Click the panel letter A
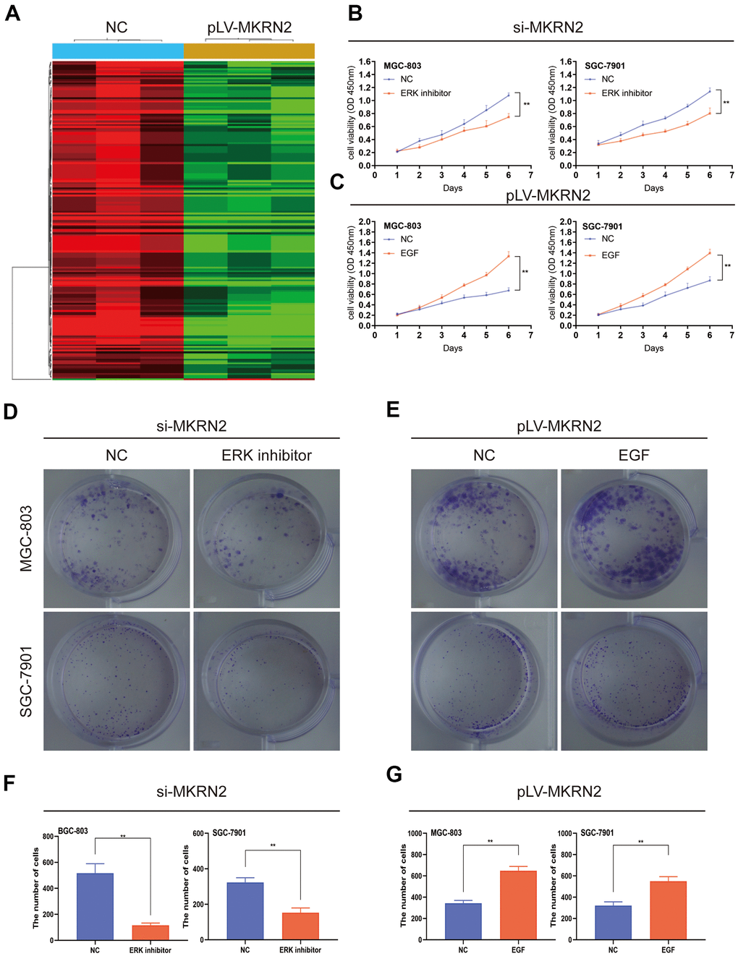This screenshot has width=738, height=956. pos(12,13)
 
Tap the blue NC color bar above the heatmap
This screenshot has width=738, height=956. pos(117,51)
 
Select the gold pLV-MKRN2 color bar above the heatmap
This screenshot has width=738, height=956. pos(249,51)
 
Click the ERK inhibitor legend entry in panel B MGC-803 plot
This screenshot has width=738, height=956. pos(425,93)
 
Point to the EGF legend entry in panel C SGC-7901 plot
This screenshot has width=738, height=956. pos(610,255)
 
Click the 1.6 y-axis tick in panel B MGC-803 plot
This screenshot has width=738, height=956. pos(366,62)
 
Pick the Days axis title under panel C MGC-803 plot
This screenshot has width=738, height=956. pos(452,348)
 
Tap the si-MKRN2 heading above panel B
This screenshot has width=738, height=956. pos(548,27)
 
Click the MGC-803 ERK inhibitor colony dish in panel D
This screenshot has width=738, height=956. pos(266,538)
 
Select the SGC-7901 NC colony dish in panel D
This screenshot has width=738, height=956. pos(116,680)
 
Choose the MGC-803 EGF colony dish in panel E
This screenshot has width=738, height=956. pos(634,538)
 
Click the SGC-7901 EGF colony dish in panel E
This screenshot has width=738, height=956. pos(634,680)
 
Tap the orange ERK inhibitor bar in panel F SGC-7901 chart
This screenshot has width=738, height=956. pos(300,926)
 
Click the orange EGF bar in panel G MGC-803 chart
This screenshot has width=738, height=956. pos(518,905)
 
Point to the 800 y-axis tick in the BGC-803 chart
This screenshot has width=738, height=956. pos(48,837)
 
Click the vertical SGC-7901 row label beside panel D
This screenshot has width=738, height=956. pos(26,681)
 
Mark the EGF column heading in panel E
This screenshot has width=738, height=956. pos(634,456)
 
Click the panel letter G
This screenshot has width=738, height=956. pos(394,775)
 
